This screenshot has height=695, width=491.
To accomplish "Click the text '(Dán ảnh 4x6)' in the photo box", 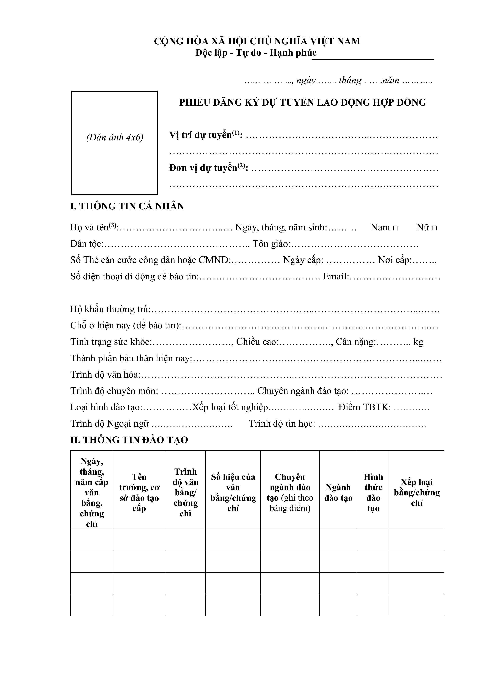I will [115, 137].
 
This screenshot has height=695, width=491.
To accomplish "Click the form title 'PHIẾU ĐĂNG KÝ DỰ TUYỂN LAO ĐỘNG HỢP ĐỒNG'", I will [303, 103].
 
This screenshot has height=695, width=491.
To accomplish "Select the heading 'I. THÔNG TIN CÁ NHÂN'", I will [127, 206].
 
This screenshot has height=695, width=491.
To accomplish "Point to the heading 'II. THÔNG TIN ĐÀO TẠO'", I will [129, 440].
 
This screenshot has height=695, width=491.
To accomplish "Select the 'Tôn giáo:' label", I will [271, 244].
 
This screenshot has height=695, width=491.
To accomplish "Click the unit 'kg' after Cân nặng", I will [418, 342].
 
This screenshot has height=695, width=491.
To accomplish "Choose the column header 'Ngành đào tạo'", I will [338, 493].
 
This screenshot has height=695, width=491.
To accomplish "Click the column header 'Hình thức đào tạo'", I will [373, 493].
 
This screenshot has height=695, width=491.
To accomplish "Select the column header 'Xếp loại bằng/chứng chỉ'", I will [417, 493].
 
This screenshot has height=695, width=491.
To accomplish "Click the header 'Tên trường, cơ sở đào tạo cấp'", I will [139, 493].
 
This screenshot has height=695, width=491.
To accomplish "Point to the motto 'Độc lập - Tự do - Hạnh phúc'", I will [256, 53].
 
